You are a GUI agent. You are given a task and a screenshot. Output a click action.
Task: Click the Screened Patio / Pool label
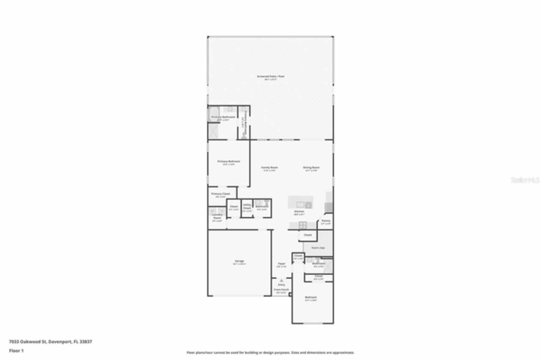point(270,76)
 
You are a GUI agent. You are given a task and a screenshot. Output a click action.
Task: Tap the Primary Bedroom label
point(229,161)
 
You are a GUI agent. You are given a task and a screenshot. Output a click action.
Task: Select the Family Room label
point(269,168)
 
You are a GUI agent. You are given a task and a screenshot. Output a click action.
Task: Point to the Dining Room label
point(311,168)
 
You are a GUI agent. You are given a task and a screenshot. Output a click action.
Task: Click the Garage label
point(239,261)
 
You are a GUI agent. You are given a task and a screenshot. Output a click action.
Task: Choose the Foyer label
point(281,264)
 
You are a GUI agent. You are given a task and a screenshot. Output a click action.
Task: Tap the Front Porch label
point(281,289)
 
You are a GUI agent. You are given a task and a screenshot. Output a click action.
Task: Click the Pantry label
point(326,221)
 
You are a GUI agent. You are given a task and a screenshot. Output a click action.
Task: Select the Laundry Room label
point(217,217)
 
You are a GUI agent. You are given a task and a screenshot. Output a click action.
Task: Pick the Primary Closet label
point(220,194)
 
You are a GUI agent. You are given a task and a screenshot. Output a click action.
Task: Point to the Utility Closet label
point(247,206)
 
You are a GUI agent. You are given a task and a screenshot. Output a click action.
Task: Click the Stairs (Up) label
point(317,248)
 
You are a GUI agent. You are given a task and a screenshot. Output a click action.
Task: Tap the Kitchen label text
point(299,211)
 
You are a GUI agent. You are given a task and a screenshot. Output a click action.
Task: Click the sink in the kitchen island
point(309,205)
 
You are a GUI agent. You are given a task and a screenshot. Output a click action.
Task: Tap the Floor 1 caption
point(16,351)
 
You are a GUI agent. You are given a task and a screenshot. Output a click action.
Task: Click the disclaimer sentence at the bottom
point(270,352)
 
